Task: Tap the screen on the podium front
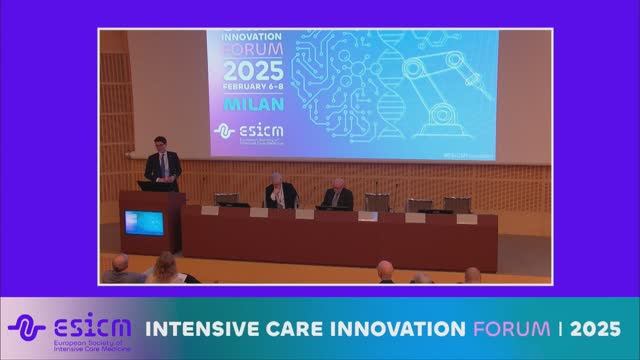[143, 221]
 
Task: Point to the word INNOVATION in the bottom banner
[392, 327]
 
